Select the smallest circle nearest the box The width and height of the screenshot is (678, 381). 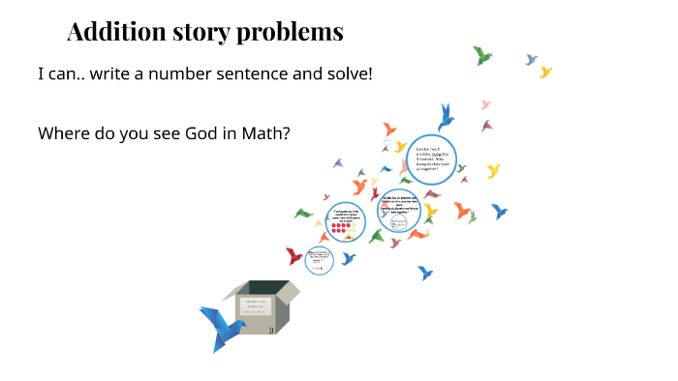319,261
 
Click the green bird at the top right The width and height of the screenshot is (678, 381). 481,55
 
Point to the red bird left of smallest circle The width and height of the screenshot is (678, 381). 294,256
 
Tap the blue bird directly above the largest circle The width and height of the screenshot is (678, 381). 446,118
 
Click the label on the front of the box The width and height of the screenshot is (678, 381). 255,307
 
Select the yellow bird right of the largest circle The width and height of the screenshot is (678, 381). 493,171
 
